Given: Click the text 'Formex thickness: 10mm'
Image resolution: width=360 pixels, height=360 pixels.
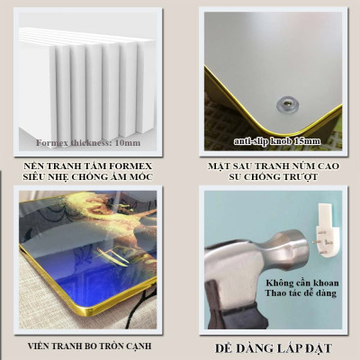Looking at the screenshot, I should [x=88, y=142].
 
